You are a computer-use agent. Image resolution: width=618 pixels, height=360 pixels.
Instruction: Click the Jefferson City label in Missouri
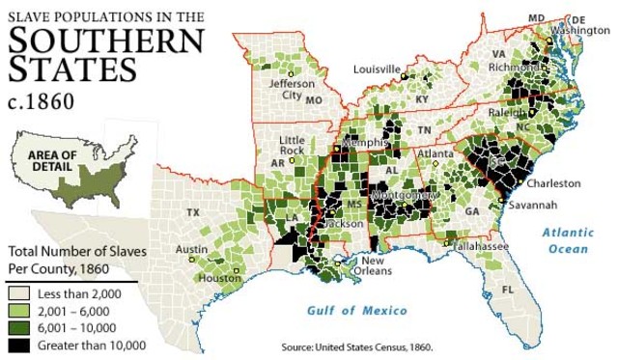click(x=297, y=90)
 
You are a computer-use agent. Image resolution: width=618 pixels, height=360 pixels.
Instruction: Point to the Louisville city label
click(x=376, y=69)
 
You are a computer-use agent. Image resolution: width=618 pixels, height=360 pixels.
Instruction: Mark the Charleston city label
click(x=553, y=182)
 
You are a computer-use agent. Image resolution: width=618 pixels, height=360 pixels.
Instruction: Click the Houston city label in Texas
click(x=220, y=279)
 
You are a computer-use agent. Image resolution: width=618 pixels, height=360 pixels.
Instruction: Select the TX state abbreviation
click(x=193, y=212)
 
